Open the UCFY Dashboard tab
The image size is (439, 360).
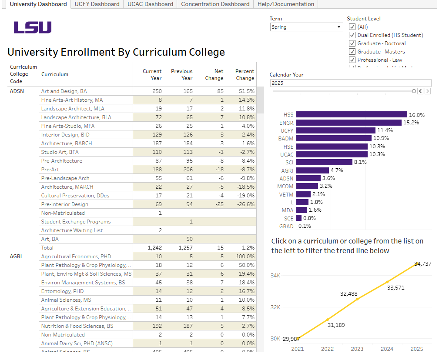click(x=97, y=4)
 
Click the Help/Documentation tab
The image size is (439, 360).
click(x=291, y=4)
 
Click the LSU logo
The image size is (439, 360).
click(x=33, y=27)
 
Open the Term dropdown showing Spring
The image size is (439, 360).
click(x=307, y=27)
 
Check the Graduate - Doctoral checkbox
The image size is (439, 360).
click(x=352, y=43)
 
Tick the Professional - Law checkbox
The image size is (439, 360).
click(x=352, y=60)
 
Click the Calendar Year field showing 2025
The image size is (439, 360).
click(x=350, y=83)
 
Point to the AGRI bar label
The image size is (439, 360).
click(x=287, y=170)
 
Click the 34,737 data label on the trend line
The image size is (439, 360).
click(x=422, y=263)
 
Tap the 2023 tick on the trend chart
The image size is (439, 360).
click(x=357, y=349)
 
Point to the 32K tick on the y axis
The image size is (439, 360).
click(x=276, y=307)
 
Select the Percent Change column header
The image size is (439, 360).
click(x=245, y=75)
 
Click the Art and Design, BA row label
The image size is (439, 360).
click(x=64, y=91)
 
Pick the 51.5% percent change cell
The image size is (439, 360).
click(x=246, y=91)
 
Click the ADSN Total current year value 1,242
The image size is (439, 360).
click(x=154, y=248)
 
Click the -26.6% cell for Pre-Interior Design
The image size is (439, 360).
click(x=246, y=204)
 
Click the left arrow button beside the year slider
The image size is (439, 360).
click(x=420, y=91)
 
